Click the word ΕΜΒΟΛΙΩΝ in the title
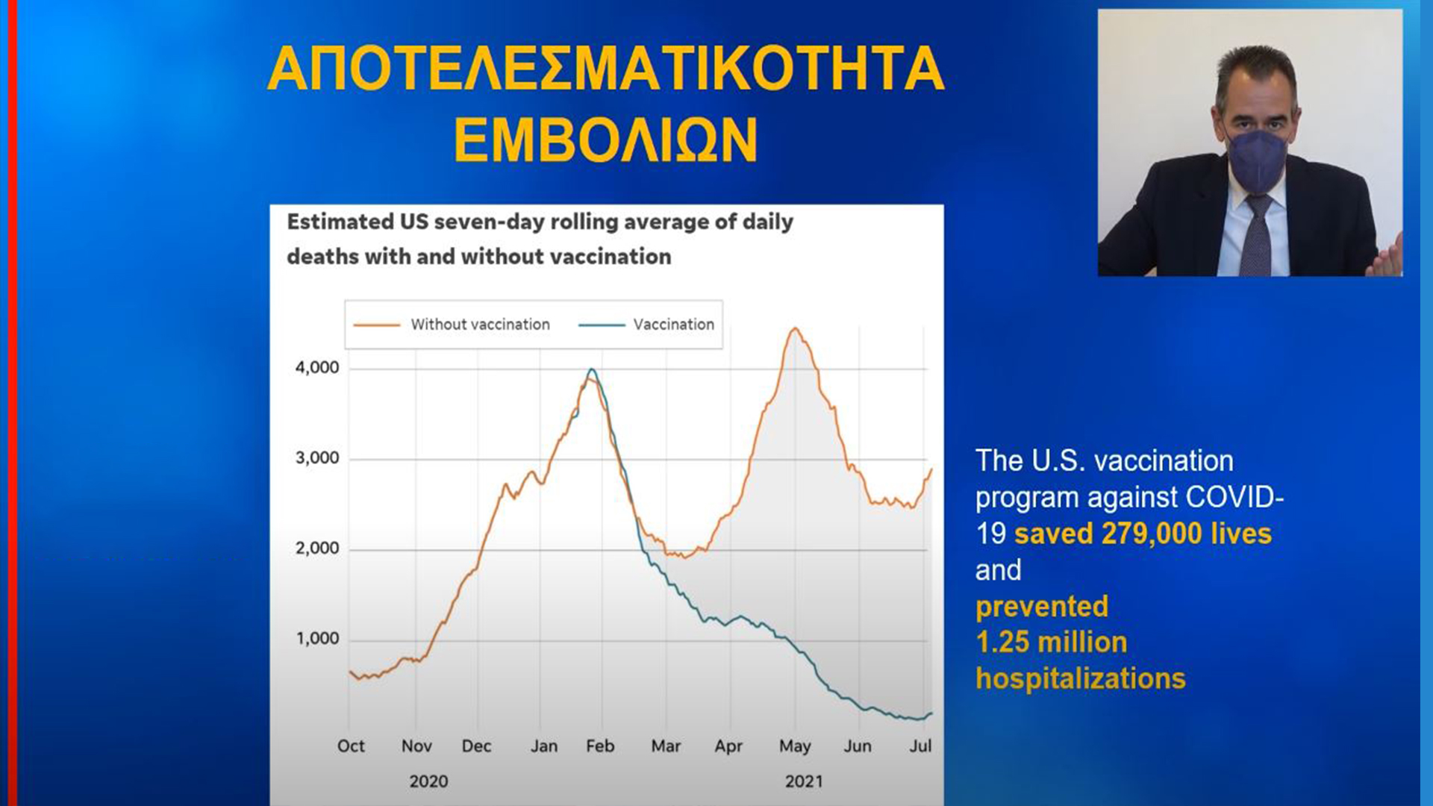click(x=605, y=140)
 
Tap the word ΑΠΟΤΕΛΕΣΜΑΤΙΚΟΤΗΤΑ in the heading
click(x=606, y=69)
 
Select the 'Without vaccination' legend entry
click(x=452, y=325)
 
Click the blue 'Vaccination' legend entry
click(x=646, y=325)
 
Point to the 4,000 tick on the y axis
click(x=317, y=368)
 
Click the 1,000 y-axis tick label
click(x=317, y=639)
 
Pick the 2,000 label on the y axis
click(x=317, y=549)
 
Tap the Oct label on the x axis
click(x=351, y=746)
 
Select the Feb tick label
click(x=600, y=746)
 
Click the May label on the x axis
click(x=795, y=746)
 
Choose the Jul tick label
click(x=920, y=746)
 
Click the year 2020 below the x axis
click(x=428, y=781)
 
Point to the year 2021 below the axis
click(x=804, y=781)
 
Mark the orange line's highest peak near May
click(x=796, y=328)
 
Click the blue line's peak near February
click(x=592, y=369)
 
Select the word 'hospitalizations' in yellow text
click(x=1081, y=678)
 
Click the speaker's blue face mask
click(x=1258, y=160)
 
